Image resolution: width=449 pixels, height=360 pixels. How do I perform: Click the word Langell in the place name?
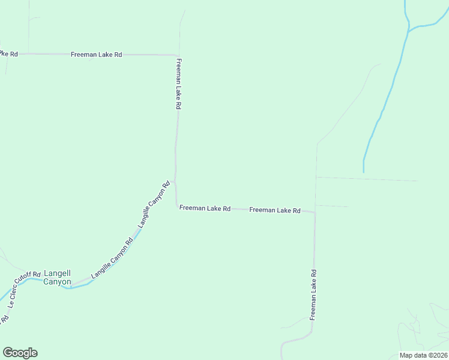coord(58,273)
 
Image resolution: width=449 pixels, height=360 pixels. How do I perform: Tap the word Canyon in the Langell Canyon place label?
coord(58,281)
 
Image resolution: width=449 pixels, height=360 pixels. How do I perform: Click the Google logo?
coord(20,353)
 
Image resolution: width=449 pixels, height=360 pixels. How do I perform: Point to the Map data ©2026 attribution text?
coord(423,355)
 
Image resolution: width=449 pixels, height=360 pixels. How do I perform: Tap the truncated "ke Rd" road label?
coord(9,54)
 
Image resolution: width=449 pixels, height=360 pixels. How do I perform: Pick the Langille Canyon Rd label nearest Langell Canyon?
coord(112,260)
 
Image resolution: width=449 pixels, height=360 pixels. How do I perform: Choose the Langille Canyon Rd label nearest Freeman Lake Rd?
coord(154,204)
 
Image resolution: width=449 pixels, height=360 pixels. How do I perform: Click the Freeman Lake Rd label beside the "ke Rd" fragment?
coord(96,55)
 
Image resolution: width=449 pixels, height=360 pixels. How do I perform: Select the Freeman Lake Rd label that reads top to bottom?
coord(179,83)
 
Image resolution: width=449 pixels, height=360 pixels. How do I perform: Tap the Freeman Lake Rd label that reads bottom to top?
coord(313,294)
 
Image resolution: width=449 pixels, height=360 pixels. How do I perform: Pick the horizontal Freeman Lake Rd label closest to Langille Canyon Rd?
coord(205,208)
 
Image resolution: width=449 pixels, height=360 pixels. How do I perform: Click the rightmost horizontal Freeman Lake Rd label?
coord(274,210)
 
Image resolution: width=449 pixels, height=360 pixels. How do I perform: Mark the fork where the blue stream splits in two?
coord(409,28)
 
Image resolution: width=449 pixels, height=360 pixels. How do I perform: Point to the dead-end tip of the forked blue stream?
coord(364,172)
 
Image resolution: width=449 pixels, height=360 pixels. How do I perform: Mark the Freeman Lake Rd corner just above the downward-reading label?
coord(176,55)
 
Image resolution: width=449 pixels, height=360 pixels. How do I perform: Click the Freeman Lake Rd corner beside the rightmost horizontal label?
coord(314,212)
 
